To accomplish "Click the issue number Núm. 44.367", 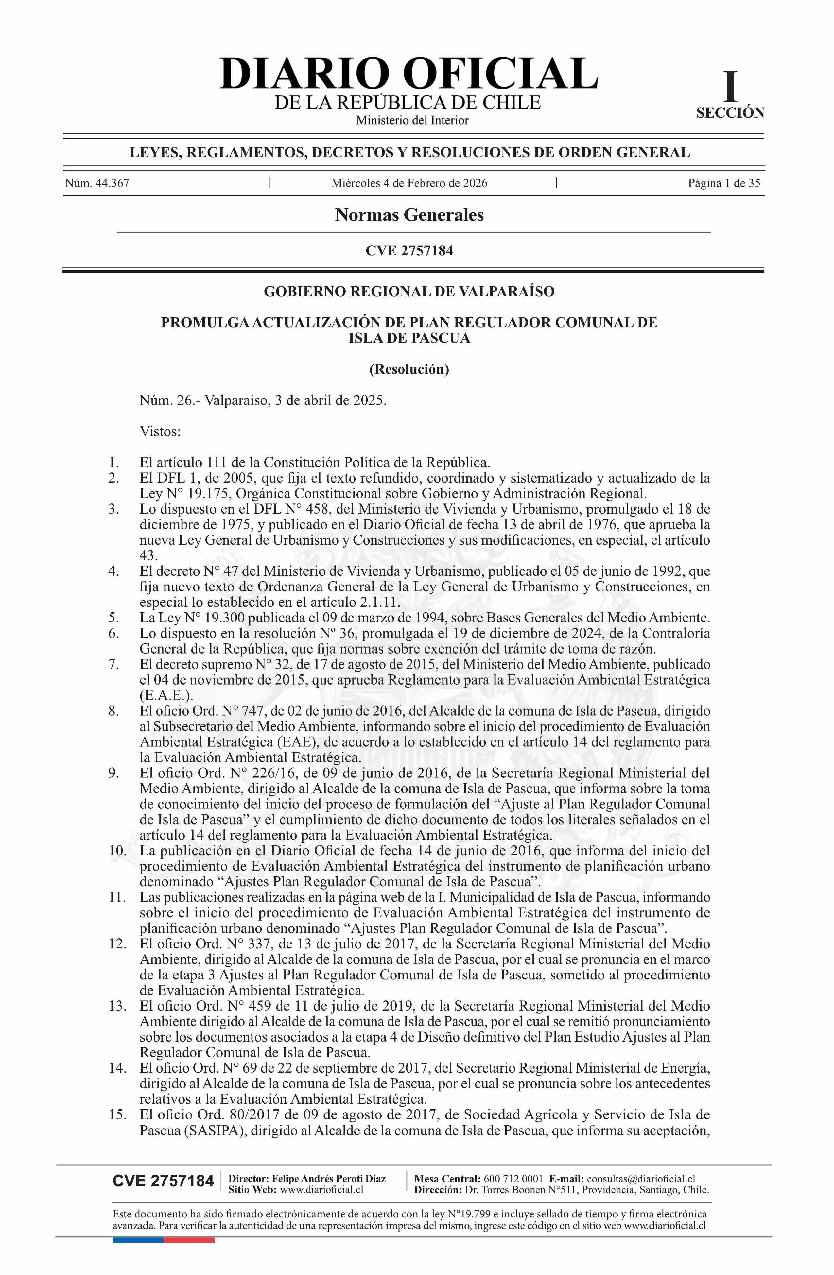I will [97, 183].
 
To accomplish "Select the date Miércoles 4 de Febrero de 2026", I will [409, 183].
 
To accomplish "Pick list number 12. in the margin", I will [117, 943].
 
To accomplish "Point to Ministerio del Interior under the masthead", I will [412, 121].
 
